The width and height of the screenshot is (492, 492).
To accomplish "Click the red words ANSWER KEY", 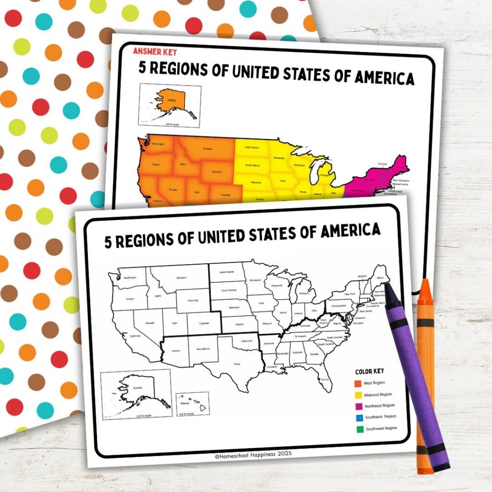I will (151, 51).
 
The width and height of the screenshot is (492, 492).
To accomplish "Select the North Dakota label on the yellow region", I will (252, 148).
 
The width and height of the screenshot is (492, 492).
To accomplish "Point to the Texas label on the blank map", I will (236, 364).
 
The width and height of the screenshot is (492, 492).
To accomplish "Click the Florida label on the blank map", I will (325, 380).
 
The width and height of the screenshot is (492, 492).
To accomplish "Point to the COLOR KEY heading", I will (369, 371).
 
